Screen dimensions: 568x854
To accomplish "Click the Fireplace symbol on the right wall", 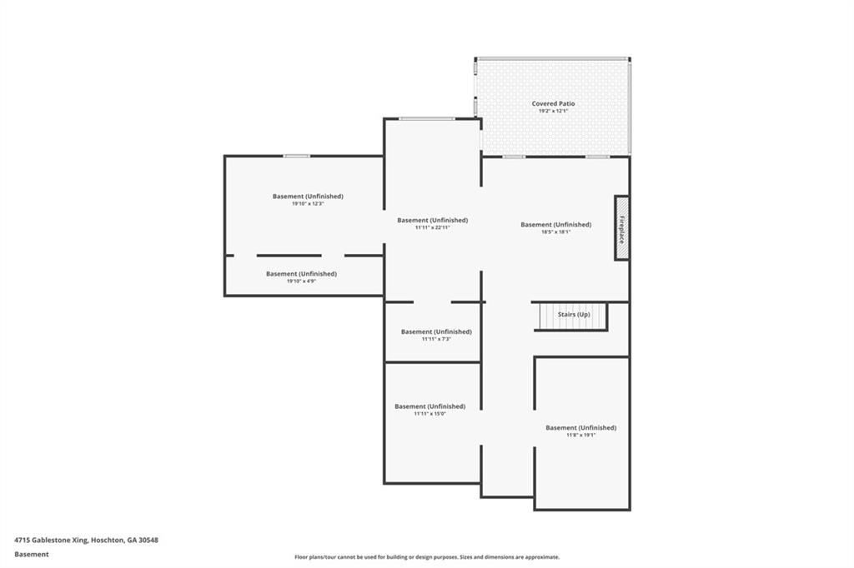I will pos(621,228).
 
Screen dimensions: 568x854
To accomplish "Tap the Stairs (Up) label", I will pos(574,315).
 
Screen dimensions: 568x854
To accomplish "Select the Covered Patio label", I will pos(553,104).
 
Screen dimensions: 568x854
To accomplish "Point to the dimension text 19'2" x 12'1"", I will pos(553,112).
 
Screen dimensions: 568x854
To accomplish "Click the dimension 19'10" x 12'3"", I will pos(308,204).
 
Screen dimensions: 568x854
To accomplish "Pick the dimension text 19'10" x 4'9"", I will pos(301,282).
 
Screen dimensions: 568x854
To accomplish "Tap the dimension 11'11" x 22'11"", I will pos(432,227).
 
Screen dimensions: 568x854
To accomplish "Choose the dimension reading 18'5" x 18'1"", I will pos(555,232).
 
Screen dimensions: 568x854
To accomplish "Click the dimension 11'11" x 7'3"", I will pos(435,339).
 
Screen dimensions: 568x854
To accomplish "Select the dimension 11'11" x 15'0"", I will pos(430,414).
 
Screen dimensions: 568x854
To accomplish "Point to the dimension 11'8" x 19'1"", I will pos(580,435).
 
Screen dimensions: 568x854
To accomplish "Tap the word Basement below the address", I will pos(32,554).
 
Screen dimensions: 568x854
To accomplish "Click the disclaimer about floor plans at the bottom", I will pos(426,557).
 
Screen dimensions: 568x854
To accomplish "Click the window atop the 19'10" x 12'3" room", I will pos(296,156).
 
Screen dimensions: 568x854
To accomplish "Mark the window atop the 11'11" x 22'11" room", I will pos(426,119).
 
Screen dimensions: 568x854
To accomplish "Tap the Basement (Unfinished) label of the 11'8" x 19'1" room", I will pos(580,427).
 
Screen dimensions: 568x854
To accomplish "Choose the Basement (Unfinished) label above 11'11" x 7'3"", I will pos(435,331).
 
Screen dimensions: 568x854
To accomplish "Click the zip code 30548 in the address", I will pos(148,540).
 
